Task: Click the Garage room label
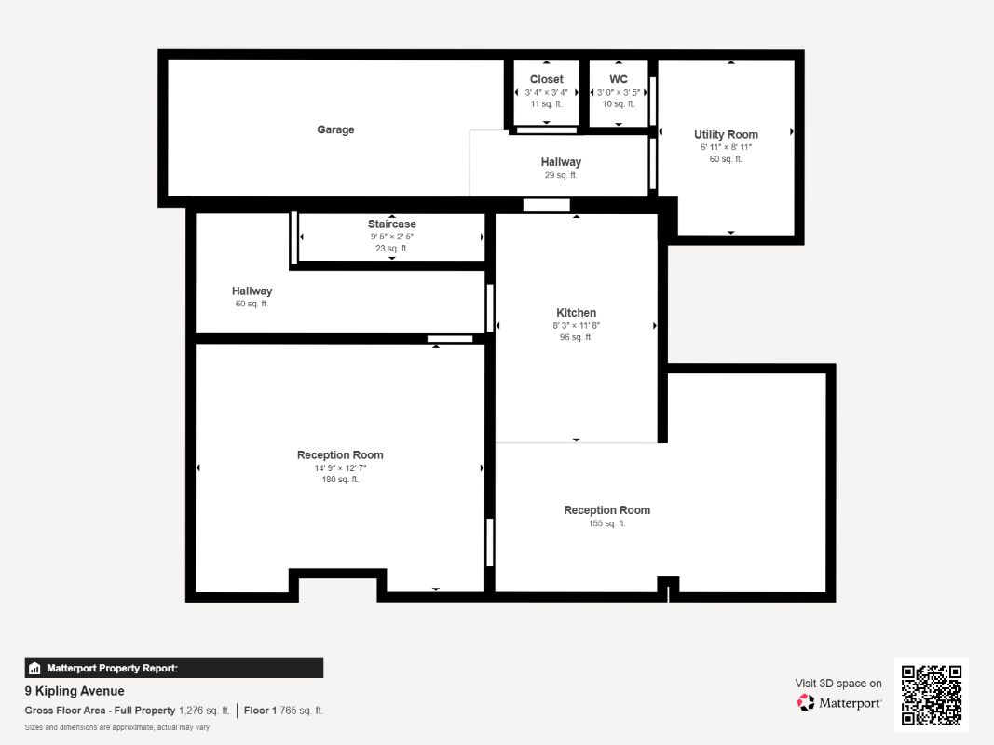click(335, 130)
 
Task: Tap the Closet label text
click(546, 80)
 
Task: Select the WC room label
click(619, 80)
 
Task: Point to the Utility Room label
click(726, 135)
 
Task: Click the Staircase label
click(391, 224)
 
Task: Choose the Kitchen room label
click(576, 313)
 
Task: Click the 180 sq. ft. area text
click(340, 480)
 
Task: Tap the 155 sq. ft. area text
click(606, 523)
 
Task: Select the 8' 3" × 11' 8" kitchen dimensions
click(576, 326)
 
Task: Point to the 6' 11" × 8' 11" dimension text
click(726, 147)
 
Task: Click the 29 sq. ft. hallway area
click(561, 175)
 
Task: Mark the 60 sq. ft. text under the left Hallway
click(252, 304)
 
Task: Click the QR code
click(931, 695)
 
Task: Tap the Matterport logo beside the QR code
click(839, 703)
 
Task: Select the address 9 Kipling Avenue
click(75, 691)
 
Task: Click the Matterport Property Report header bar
click(174, 668)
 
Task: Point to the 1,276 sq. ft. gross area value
click(205, 711)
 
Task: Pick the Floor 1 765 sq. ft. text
click(284, 711)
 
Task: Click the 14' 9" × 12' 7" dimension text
click(340, 468)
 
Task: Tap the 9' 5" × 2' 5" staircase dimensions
click(391, 237)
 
